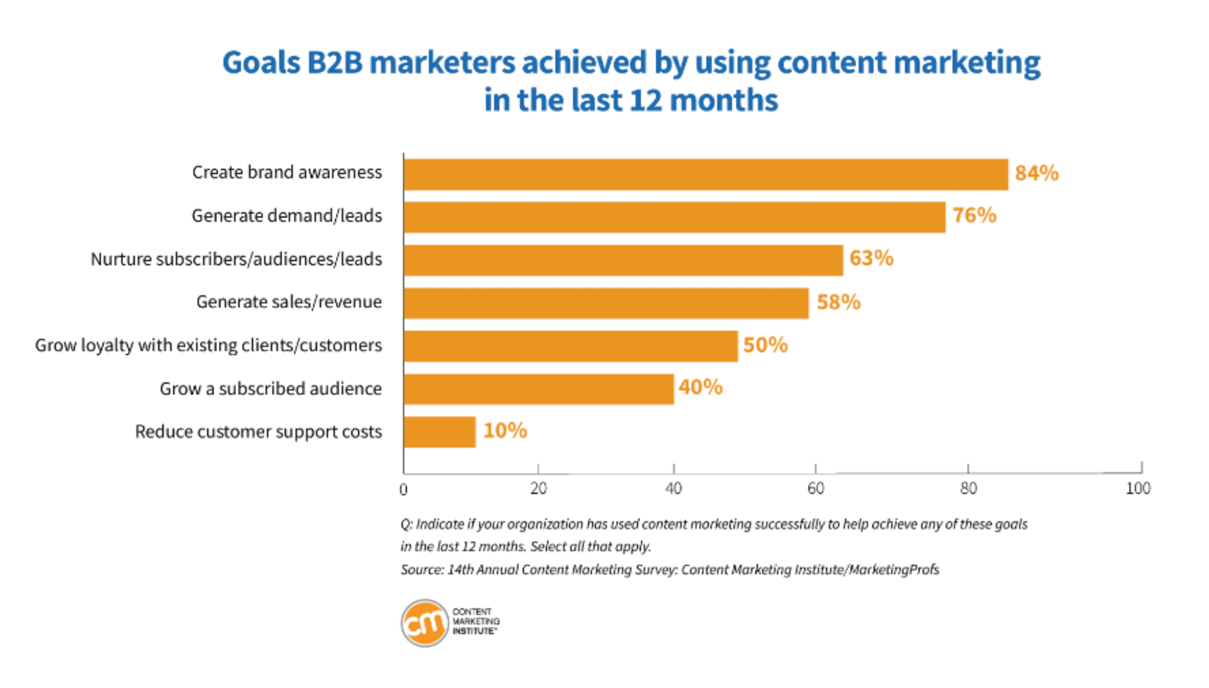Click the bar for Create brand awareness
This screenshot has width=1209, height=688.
705,175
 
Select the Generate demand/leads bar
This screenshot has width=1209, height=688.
674,217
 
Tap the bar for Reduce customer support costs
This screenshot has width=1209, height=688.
440,432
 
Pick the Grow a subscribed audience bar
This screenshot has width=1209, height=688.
539,389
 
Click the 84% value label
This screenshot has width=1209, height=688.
1037,174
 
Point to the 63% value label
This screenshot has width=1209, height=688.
871,259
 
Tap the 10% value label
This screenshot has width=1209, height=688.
505,431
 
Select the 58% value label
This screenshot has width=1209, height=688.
838,303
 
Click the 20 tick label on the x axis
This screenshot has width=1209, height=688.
538,489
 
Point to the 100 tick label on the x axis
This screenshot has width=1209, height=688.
1138,488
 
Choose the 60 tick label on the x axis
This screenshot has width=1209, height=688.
815,489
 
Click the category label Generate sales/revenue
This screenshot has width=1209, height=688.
289,302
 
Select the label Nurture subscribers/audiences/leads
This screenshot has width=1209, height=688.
236,259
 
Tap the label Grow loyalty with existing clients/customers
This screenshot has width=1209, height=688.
208,346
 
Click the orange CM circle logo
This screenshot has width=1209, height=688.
424,623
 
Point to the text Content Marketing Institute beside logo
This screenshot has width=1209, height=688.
476,622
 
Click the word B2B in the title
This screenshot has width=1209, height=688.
335,63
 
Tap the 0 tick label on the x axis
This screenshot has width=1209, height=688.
403,490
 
